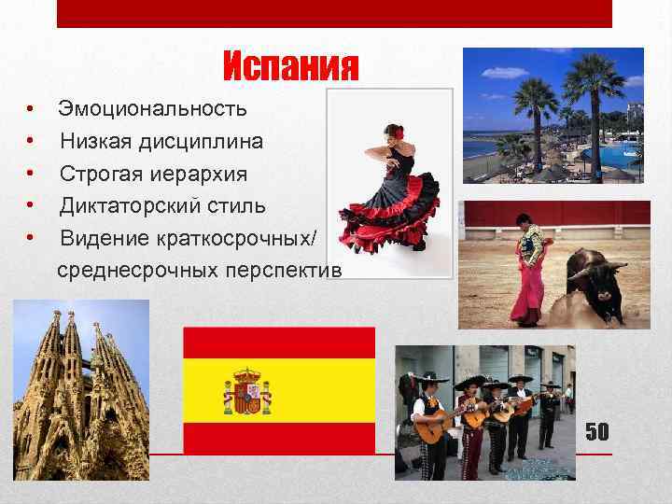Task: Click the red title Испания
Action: (291, 66)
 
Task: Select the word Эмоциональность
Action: (153, 109)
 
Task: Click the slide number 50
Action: (596, 431)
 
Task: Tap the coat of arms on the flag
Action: (247, 391)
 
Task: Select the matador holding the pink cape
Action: (528, 271)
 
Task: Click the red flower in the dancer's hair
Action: (398, 133)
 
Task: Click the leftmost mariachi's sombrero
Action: (434, 378)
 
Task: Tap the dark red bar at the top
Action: (333, 13)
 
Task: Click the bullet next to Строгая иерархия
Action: (31, 174)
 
